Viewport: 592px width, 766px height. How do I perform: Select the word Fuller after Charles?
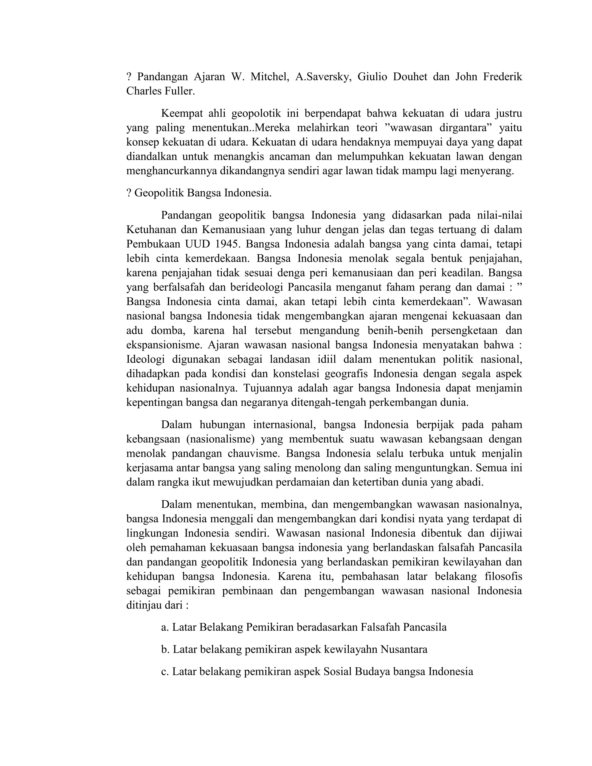(179, 91)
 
